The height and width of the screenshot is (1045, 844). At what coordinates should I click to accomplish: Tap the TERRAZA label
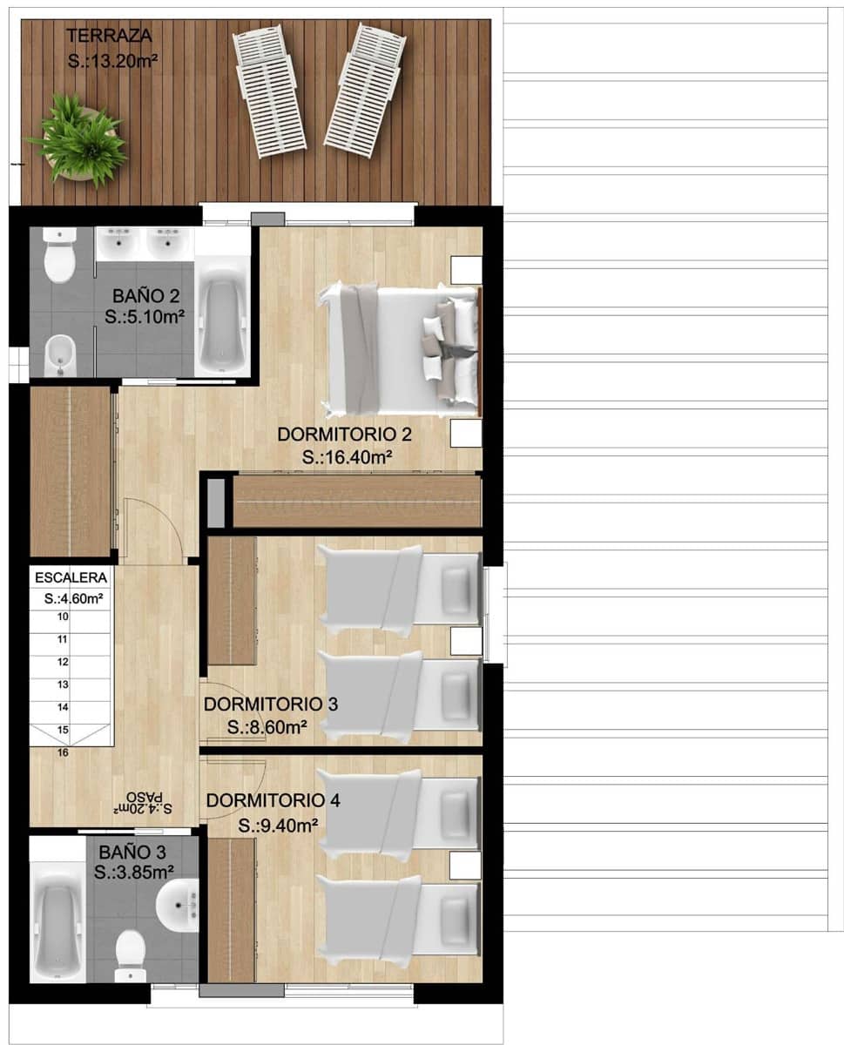pyautogui.click(x=110, y=36)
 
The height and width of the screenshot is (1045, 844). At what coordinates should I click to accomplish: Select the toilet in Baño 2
pyautogui.click(x=60, y=256)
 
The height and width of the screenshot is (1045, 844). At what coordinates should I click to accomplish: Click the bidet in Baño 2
pyautogui.click(x=58, y=353)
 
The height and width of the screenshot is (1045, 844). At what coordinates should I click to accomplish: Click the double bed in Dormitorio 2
pyautogui.click(x=402, y=349)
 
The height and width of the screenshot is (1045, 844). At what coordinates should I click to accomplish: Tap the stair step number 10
pyautogui.click(x=63, y=617)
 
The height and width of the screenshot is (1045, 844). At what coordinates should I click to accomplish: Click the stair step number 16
pyautogui.click(x=63, y=753)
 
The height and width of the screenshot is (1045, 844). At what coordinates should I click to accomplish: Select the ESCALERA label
pyautogui.click(x=71, y=577)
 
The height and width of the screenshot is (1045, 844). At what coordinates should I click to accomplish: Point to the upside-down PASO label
pyautogui.click(x=144, y=797)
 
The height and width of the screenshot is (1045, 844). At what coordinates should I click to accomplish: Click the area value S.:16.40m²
pyautogui.click(x=346, y=457)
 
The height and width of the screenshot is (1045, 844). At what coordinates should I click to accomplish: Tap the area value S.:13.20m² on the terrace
pyautogui.click(x=110, y=61)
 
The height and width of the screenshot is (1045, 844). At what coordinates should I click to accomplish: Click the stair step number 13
pyautogui.click(x=63, y=684)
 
